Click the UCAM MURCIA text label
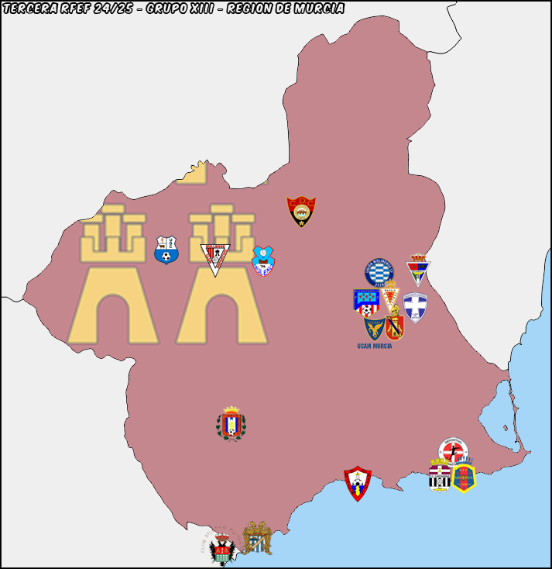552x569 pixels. tap(375, 346)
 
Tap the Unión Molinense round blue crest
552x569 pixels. tap(379, 273)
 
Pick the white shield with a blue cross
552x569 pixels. tap(415, 307)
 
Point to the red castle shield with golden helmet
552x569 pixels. tap(395, 326)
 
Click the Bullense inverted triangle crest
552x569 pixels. tap(216, 259)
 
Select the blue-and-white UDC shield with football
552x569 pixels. tap(166, 250)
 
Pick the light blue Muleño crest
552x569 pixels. tap(263, 261)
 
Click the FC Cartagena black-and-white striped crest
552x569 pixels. tap(440, 474)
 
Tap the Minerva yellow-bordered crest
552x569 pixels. tap(464, 478)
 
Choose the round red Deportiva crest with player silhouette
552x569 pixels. tap(453, 450)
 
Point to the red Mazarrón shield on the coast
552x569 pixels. tap(358, 482)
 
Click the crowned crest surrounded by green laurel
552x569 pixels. tap(231, 423)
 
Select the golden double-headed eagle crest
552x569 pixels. tap(257, 537)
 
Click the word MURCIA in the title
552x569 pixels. tap(317, 9)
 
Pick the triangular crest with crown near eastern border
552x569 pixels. tap(418, 269)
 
